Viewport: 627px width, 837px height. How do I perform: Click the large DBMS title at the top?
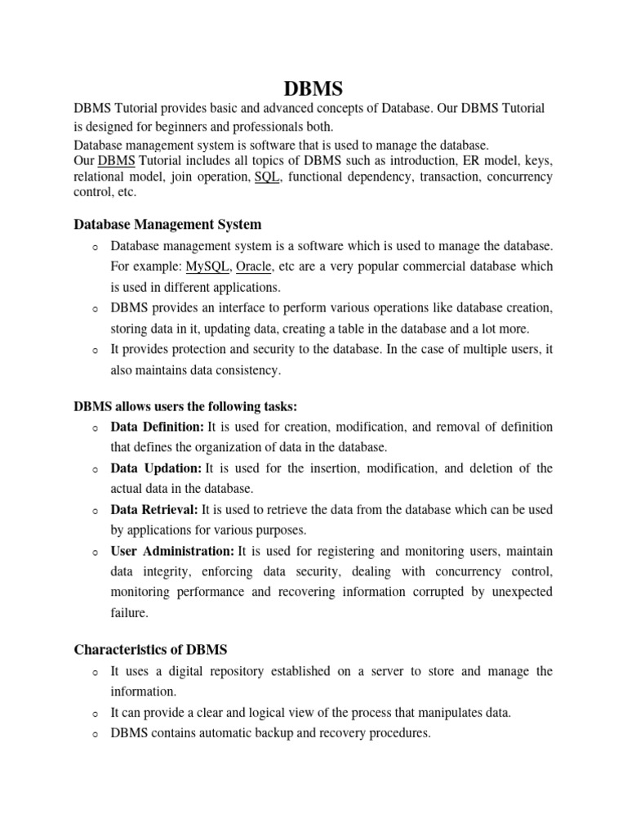[313, 87]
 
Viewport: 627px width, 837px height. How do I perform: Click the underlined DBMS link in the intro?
[116, 160]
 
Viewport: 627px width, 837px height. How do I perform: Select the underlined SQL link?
[268, 177]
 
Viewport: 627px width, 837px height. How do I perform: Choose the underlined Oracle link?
[254, 266]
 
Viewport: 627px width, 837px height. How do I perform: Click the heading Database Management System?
[167, 223]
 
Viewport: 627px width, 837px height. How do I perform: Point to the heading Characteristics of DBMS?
[150, 649]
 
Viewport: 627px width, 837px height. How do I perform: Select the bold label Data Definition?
[158, 427]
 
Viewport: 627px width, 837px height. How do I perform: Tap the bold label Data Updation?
[156, 468]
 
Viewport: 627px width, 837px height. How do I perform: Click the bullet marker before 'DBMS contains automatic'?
[95, 734]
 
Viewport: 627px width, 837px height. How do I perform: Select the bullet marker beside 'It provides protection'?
[95, 350]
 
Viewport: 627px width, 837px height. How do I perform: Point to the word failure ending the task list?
[130, 611]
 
